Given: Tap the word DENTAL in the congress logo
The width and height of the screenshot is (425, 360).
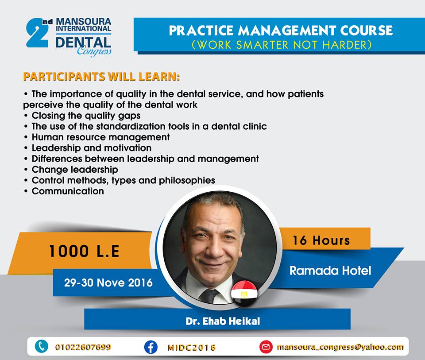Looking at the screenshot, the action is click(83, 43).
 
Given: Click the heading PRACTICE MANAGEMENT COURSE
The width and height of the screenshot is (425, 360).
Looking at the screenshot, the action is click(281, 31).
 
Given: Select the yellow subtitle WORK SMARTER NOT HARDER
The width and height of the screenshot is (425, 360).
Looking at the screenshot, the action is click(282, 45).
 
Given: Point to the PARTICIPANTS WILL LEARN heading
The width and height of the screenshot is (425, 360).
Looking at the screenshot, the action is click(102, 77).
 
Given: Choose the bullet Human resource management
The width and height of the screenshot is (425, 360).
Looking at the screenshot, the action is click(97, 137).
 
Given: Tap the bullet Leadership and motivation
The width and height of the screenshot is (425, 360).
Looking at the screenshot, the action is click(88, 148).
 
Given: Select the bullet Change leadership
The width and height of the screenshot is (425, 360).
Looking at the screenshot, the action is click(71, 170).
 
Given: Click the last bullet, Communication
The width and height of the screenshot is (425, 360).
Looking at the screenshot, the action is click(64, 191).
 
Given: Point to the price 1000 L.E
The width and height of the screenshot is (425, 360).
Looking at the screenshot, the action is click(84, 251).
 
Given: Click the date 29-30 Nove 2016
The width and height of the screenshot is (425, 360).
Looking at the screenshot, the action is click(108, 283).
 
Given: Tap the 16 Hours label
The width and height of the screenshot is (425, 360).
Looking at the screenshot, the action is click(321, 240).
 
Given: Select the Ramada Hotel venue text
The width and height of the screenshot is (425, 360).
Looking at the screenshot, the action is click(330, 271).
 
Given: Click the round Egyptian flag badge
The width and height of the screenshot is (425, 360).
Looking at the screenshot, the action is click(244, 294).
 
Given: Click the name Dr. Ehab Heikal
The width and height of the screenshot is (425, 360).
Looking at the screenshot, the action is click(223, 321).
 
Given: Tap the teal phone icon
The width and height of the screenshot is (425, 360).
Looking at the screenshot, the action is click(42, 346).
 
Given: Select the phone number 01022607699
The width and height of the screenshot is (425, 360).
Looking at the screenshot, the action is click(83, 347).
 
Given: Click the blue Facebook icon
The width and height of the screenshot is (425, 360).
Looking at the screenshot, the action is click(151, 347).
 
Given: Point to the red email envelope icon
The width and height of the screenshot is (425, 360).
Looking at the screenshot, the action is click(266, 347).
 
